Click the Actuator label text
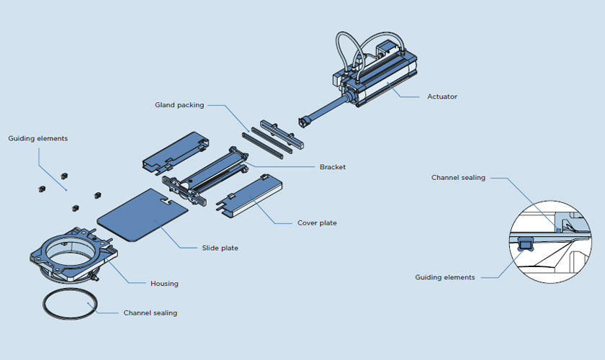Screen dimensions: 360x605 click(x=442, y=96)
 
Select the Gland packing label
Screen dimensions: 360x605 click(x=179, y=104)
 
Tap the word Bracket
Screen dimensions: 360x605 click(x=332, y=167)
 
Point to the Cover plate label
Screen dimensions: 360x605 click(x=317, y=222)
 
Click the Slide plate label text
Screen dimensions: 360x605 click(x=220, y=248)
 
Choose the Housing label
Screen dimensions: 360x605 click(x=164, y=283)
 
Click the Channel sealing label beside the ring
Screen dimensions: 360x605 click(x=150, y=312)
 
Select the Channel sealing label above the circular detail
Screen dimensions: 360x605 click(x=458, y=177)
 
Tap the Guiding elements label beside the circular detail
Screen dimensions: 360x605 click(x=445, y=277)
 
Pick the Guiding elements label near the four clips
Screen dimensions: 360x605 click(x=38, y=138)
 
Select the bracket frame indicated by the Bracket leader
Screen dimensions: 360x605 click(x=216, y=173)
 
